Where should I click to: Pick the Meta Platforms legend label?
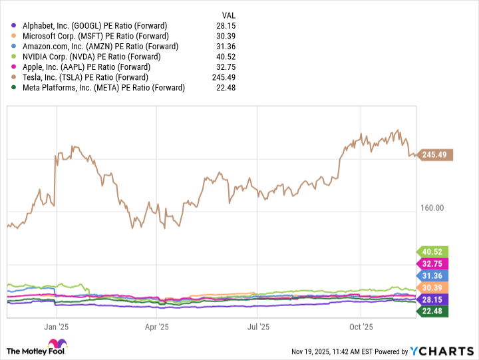[103, 88]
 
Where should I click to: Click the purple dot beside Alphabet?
[15, 25]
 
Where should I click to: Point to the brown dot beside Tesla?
[15, 77]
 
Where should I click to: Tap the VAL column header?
[229, 15]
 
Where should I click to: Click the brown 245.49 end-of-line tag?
[436, 155]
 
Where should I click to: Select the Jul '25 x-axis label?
[258, 327]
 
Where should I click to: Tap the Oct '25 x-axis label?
[361, 327]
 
